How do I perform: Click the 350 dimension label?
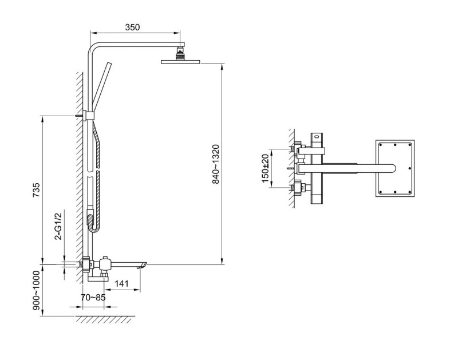point(132,27)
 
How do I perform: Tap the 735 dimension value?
point(36,190)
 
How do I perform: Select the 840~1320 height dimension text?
point(216,164)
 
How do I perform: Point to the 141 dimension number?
point(121,283)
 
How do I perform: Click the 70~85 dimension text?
point(93,298)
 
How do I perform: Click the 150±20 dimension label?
point(265,168)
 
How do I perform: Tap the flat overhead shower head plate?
point(181,62)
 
